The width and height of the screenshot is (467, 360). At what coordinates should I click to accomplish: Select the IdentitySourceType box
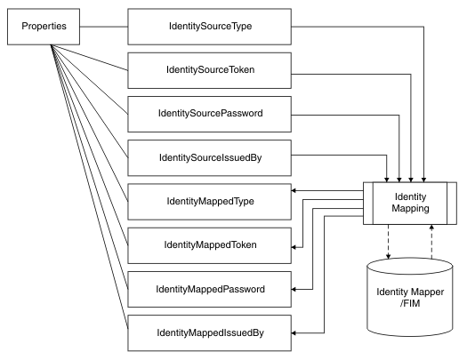pyautogui.click(x=209, y=26)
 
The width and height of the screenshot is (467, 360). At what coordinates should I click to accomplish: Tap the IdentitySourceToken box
pyautogui.click(x=209, y=69)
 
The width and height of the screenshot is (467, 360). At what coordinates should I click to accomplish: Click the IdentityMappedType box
pyautogui.click(x=209, y=200)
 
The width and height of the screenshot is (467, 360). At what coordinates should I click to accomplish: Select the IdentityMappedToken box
pyautogui.click(x=209, y=244)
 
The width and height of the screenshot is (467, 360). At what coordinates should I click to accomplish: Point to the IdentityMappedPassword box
pyautogui.click(x=209, y=288)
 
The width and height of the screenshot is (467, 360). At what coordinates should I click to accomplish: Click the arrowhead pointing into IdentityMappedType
pyautogui.click(x=294, y=190)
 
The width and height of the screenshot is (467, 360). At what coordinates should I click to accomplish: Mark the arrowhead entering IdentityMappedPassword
pyautogui.click(x=294, y=289)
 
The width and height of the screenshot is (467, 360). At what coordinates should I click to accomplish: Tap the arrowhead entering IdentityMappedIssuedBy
pyautogui.click(x=294, y=332)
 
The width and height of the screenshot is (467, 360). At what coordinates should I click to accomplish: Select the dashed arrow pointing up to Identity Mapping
pyautogui.click(x=432, y=244)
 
